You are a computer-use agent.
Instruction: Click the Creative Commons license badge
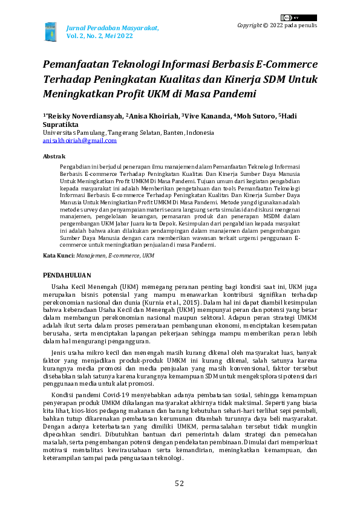(290, 18)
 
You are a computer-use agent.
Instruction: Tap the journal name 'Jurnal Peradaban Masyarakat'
(112, 28)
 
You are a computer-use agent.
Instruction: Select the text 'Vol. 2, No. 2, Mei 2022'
(99, 36)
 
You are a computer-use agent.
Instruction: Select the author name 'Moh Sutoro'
(255, 115)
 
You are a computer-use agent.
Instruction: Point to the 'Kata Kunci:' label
(59, 256)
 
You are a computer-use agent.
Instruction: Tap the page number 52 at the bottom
(180, 483)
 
